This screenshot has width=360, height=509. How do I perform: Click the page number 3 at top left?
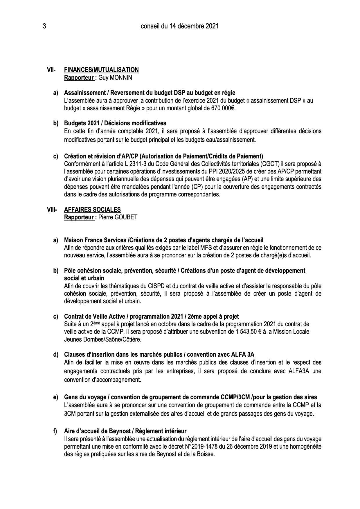[44, 26]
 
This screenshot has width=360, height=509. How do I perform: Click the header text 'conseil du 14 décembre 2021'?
[180, 26]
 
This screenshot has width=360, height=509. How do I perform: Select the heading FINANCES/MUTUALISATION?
[101, 70]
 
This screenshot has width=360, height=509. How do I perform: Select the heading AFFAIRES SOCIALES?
[92, 210]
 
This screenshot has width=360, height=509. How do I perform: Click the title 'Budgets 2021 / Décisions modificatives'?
[115, 123]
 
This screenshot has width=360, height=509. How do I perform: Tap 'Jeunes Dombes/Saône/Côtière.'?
[102, 339]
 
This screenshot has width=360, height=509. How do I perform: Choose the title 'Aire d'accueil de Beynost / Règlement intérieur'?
[125, 431]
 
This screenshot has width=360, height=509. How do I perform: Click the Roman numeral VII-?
[51, 70]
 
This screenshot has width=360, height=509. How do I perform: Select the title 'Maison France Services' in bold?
[95, 240]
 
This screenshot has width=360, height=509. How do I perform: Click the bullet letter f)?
[55, 431]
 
